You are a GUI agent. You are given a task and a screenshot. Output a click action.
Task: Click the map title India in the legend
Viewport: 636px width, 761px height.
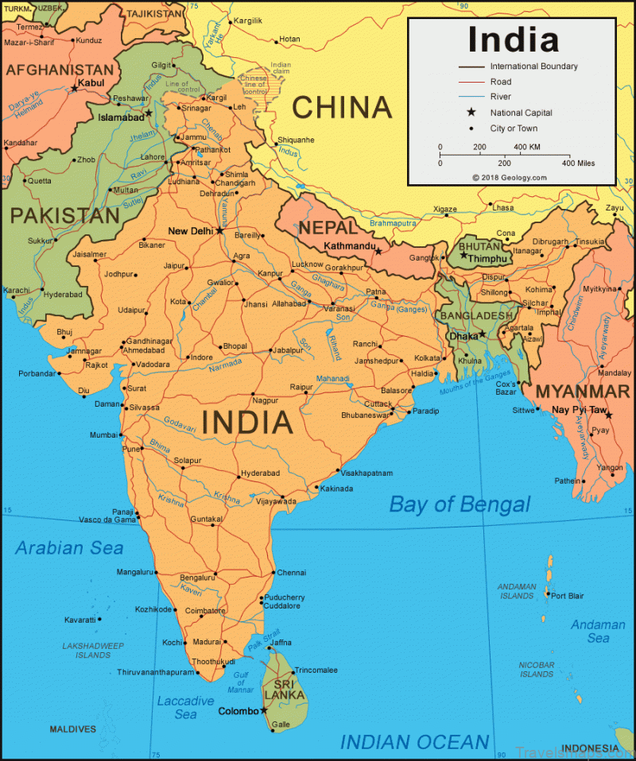click(513, 39)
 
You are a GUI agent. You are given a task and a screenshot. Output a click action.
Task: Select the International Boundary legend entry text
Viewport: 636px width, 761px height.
click(533, 67)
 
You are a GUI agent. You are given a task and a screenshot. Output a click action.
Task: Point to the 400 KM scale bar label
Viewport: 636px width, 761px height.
click(526, 147)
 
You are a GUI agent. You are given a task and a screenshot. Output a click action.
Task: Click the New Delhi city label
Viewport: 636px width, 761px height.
click(191, 231)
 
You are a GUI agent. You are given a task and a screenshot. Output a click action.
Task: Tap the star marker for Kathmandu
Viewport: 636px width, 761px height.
click(379, 252)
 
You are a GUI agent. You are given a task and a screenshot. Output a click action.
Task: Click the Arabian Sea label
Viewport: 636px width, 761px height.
click(70, 548)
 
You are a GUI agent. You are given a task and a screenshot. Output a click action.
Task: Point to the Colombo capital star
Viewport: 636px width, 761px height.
click(264, 710)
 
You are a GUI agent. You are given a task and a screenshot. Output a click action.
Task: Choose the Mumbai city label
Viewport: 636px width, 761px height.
click(103, 435)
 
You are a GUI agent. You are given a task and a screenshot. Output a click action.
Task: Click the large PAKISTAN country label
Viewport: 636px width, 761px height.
click(64, 215)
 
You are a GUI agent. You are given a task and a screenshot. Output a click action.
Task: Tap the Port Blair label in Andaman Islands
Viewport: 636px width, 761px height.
click(568, 596)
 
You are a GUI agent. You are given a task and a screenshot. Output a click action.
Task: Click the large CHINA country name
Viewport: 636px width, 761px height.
click(342, 107)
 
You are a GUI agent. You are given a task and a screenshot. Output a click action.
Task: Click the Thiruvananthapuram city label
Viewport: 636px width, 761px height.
click(156, 672)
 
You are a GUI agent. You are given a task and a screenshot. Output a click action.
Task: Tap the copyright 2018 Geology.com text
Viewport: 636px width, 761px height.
click(509, 178)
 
